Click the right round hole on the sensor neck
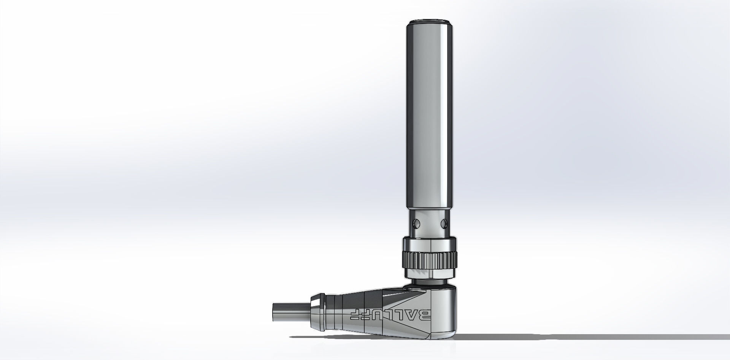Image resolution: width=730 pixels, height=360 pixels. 443,222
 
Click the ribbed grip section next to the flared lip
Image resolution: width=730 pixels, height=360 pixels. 334,313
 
